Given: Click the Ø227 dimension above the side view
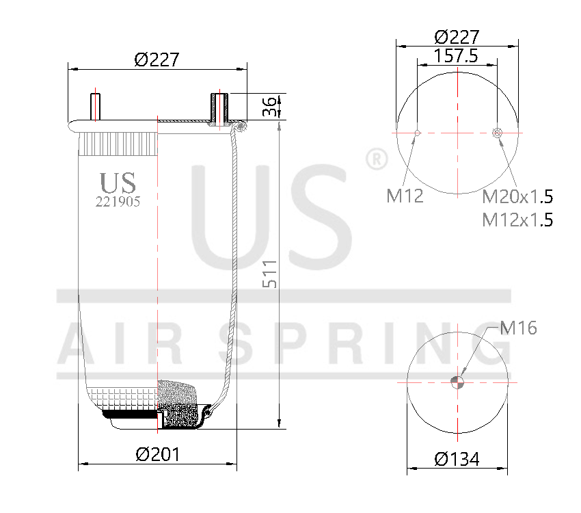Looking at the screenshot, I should [157, 60].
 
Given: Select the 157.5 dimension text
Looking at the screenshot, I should [457, 56].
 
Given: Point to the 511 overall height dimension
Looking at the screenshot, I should [271, 274].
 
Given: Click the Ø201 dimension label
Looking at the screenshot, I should [157, 454].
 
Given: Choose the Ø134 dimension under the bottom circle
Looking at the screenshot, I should [457, 459].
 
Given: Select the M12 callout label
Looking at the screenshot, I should [405, 197].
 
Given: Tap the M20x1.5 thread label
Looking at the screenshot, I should [517, 197].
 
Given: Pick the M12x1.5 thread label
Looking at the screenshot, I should [517, 220].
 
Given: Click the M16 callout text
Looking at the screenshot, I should [518, 328].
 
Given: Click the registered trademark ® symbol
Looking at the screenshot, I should [377, 159].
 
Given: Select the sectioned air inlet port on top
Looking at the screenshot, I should [219, 108].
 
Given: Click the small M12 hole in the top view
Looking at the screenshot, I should [418, 132].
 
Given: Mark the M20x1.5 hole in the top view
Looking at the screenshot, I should [498, 132].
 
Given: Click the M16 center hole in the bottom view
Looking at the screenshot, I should [457, 382].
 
